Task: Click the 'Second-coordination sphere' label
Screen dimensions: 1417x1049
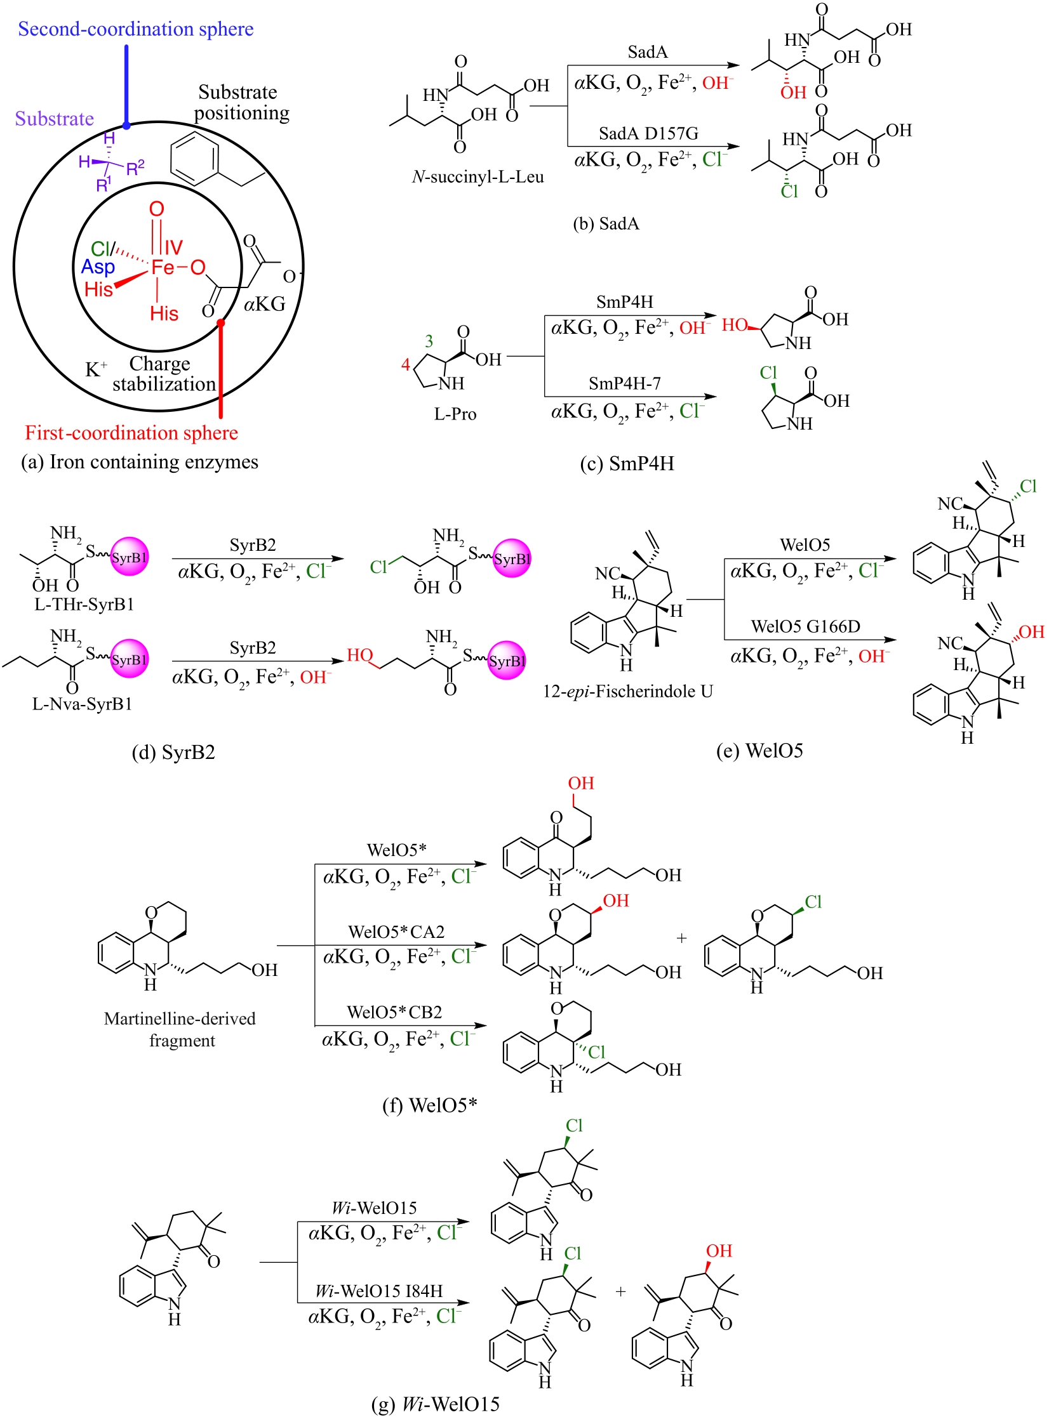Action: point(135,29)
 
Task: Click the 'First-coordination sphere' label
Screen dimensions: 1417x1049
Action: point(131,433)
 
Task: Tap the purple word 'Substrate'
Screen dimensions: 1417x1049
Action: point(55,119)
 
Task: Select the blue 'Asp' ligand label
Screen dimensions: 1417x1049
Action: point(98,267)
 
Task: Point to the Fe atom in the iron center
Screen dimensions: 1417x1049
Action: point(162,267)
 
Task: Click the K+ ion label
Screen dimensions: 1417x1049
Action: point(96,369)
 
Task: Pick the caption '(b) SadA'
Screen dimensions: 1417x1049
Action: point(606,223)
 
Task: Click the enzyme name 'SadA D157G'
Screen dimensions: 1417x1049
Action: point(648,133)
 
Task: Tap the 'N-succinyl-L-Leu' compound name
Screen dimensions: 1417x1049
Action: point(478,176)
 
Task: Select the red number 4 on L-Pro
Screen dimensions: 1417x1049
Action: point(405,364)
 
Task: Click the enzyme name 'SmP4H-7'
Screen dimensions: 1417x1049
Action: point(624,383)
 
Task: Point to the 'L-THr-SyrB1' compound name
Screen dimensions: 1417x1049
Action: point(84,603)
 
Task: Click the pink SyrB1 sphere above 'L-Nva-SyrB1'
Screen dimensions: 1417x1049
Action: point(130,659)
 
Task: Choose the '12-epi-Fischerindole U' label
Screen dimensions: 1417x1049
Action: point(627,691)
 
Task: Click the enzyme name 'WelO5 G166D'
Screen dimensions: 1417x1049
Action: point(805,626)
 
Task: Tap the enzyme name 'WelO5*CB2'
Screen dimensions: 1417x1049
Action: point(394,1012)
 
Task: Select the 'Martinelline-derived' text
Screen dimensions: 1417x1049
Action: point(180,1018)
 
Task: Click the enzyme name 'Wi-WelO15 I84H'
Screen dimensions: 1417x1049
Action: point(378,1291)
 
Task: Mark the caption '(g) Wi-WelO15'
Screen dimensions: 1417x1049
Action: point(435,1404)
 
